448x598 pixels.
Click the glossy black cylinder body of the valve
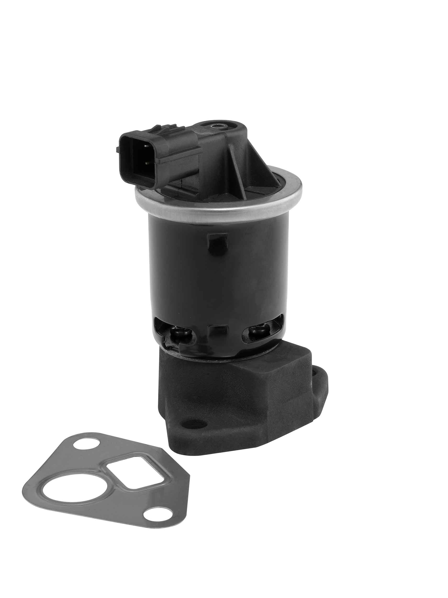216,276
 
